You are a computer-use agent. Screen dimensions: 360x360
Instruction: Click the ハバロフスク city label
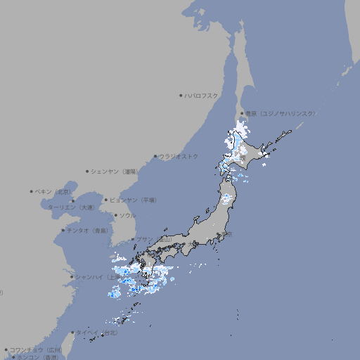[202, 95]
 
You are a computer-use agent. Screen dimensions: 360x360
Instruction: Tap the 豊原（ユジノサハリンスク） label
[280, 113]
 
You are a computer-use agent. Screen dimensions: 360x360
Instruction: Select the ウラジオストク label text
[179, 156]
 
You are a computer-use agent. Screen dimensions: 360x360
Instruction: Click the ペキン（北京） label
[53, 191]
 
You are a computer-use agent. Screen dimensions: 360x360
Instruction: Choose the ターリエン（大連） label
[71, 207]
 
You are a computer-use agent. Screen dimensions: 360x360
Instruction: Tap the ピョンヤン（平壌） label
[133, 200]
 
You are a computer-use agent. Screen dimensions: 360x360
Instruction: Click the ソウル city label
[127, 216]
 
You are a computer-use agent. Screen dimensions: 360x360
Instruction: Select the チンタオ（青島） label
[87, 231]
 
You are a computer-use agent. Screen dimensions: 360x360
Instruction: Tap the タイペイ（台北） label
[98, 333]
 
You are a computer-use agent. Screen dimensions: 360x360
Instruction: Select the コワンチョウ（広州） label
[36, 349]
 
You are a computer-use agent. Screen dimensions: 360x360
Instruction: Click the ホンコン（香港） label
[34, 357]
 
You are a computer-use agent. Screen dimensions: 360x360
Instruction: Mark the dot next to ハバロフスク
[181, 95]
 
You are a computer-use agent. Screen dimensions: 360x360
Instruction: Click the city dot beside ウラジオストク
[155, 156]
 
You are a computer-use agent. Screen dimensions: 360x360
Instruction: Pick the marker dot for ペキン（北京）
[32, 191]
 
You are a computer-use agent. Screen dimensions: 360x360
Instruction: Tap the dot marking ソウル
[115, 216]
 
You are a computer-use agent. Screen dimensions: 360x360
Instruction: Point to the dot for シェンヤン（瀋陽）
[88, 171]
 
